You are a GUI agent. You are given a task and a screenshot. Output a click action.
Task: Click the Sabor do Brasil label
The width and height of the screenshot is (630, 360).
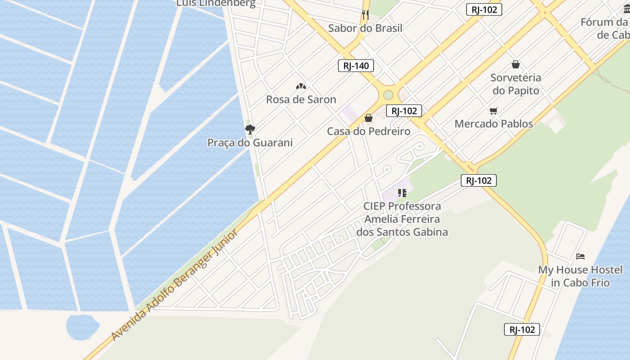(x=365, y=28)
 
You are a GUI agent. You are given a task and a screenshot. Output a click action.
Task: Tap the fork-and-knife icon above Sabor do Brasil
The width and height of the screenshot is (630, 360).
(x=365, y=14)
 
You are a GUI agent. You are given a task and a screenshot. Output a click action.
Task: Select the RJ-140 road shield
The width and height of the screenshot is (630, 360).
(x=356, y=66)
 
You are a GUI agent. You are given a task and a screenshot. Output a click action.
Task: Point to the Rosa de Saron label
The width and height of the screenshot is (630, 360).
(x=301, y=99)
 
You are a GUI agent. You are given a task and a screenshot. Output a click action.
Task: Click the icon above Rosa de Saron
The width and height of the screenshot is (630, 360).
(x=301, y=86)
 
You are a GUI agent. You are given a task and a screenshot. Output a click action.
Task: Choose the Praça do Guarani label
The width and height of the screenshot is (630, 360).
(x=250, y=143)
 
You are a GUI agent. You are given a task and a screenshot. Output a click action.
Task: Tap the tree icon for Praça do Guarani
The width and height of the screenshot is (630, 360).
(x=250, y=130)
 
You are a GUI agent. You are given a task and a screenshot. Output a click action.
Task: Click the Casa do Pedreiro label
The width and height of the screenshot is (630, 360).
(x=369, y=131)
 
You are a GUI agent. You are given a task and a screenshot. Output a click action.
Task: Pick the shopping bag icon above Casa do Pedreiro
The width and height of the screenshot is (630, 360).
(x=369, y=118)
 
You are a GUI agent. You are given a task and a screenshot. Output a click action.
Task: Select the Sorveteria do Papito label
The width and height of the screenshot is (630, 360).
(x=516, y=84)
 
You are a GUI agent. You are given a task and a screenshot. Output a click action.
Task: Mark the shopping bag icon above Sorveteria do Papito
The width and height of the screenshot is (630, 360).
(x=516, y=64)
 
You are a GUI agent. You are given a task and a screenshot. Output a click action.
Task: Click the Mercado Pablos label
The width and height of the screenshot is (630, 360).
(x=494, y=124)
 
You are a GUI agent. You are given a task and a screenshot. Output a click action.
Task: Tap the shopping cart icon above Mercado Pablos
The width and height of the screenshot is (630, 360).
(x=494, y=111)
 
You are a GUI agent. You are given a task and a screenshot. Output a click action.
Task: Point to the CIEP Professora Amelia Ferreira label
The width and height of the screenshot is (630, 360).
(x=402, y=219)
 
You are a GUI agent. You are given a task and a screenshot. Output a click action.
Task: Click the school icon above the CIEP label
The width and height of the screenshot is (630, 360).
(x=402, y=193)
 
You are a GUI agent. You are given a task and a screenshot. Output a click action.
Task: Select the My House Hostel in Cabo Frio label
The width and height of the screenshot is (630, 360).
(x=580, y=276)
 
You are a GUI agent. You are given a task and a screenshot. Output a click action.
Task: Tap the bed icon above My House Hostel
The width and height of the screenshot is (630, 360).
(x=580, y=256)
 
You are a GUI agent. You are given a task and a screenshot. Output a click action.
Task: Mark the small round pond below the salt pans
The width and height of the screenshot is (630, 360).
(x=83, y=326)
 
